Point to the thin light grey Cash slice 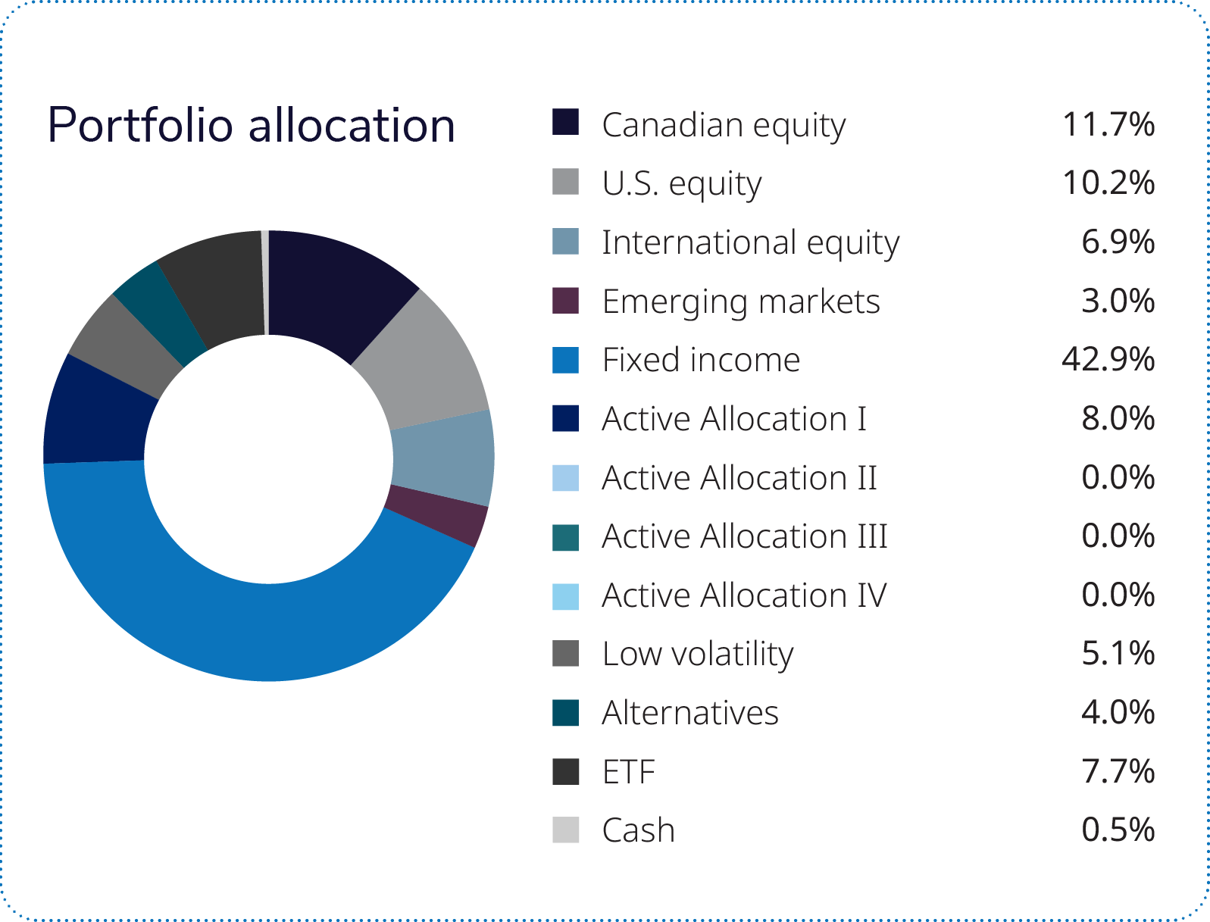265,282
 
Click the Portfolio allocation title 252,126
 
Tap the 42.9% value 1108,359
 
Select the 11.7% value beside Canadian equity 1108,124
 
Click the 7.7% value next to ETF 1118,770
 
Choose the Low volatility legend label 698,655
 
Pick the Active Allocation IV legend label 744,595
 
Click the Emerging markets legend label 741,302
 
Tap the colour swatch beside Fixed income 565,360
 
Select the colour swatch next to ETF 565,771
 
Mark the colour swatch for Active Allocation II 565,478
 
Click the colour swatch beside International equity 565,242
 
